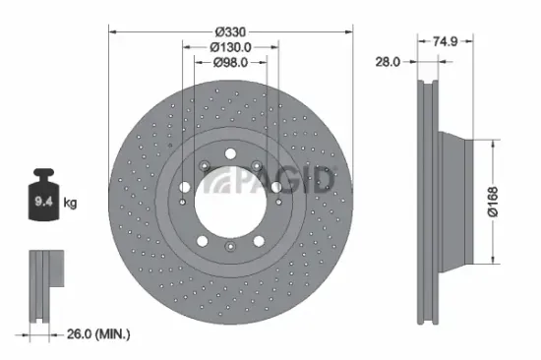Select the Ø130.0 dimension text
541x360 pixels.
coord(230,45)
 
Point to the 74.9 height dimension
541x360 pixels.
coord(448,40)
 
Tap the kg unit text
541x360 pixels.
coord(72,205)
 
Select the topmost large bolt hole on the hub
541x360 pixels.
coord(229,152)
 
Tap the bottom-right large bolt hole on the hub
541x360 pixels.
coord(259,239)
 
